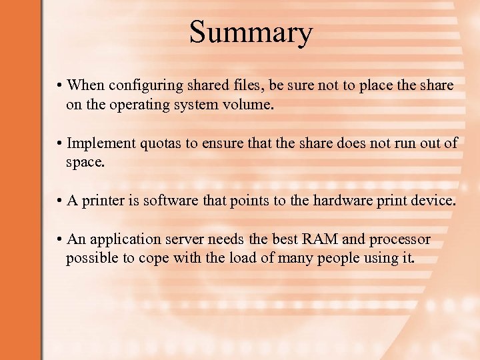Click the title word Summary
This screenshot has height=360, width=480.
tap(250, 32)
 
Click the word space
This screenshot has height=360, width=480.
tap(85, 163)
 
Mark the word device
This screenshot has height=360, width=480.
tap(435, 201)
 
